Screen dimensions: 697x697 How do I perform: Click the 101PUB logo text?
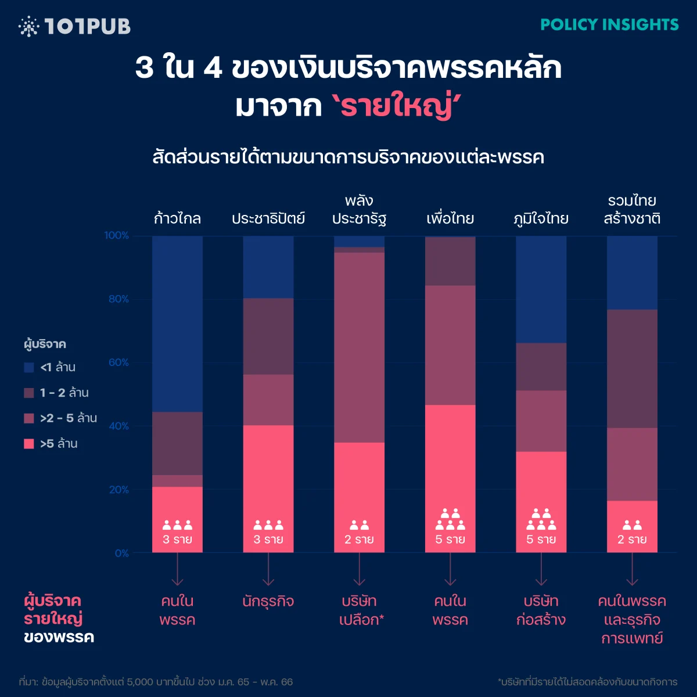[87, 26]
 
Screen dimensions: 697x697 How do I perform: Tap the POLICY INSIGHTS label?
[609, 24]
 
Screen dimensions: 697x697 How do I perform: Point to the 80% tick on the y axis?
[118, 299]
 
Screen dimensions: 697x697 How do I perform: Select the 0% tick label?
[121, 554]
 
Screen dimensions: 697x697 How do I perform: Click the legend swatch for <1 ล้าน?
[29, 368]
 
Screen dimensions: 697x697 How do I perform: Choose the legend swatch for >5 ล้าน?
[29, 444]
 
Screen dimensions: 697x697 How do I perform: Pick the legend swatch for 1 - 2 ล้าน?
[29, 393]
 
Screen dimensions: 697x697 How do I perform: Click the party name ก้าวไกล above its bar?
[177, 219]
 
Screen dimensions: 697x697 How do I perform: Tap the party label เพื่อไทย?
[450, 219]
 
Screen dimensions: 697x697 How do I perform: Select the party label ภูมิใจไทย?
[541, 219]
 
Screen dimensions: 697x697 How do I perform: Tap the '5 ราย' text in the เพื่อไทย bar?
[450, 540]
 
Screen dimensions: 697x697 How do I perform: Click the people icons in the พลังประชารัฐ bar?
[359, 525]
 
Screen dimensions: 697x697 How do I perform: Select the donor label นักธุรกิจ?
[268, 601]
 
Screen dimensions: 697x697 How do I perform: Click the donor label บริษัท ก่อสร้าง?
[541, 610]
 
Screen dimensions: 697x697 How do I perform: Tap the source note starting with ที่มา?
[156, 682]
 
